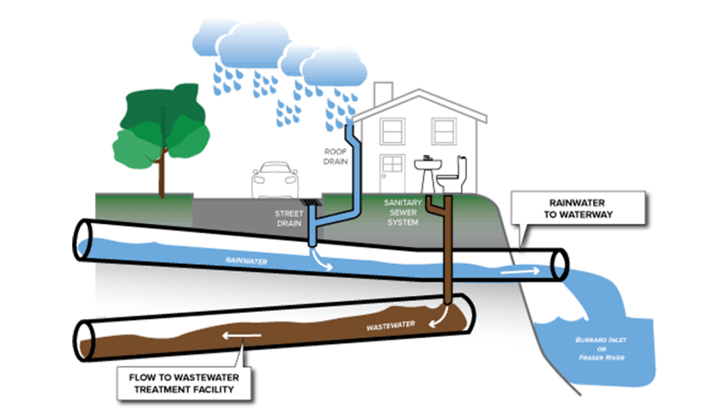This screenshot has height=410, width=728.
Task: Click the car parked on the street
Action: tap(275, 180)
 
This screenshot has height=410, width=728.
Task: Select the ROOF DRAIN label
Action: tap(336, 156)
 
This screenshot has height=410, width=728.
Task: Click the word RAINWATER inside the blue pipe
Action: tap(246, 260)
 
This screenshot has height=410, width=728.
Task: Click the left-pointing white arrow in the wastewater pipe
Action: tap(241, 336)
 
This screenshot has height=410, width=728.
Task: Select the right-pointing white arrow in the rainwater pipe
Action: tap(520, 271)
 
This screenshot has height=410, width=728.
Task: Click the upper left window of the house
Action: tap(393, 131)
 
